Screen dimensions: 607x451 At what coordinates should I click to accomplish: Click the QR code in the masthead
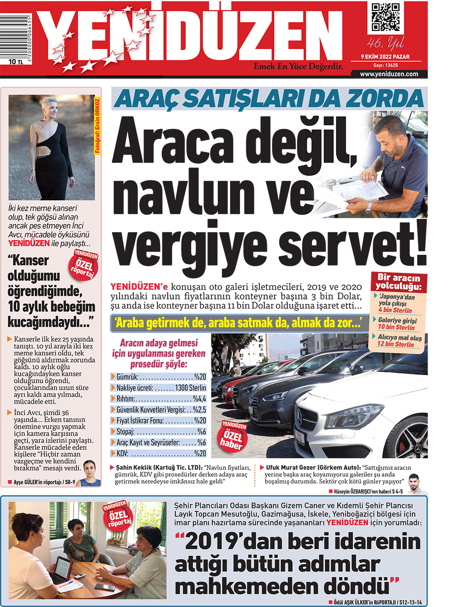tap(386, 17)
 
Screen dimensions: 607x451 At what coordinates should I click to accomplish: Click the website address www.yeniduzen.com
tap(389, 74)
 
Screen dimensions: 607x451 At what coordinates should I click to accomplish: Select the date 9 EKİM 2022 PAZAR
tap(385, 57)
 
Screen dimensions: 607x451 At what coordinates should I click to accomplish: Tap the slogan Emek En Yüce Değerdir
tap(298, 66)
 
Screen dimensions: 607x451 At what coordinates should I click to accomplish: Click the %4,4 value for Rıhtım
tap(199, 399)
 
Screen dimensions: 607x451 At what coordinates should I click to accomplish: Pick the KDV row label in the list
tap(122, 453)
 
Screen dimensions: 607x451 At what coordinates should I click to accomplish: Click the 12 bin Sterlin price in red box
tap(395, 345)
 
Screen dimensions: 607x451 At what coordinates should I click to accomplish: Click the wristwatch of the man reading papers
tap(368, 207)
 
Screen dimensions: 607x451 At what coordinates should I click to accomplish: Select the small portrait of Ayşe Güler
tap(89, 473)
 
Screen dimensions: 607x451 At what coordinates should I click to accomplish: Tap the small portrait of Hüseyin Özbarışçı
tap(417, 484)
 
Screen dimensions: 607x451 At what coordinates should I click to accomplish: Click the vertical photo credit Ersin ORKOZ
tap(97, 126)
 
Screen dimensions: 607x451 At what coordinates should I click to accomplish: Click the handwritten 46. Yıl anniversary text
tap(385, 43)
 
